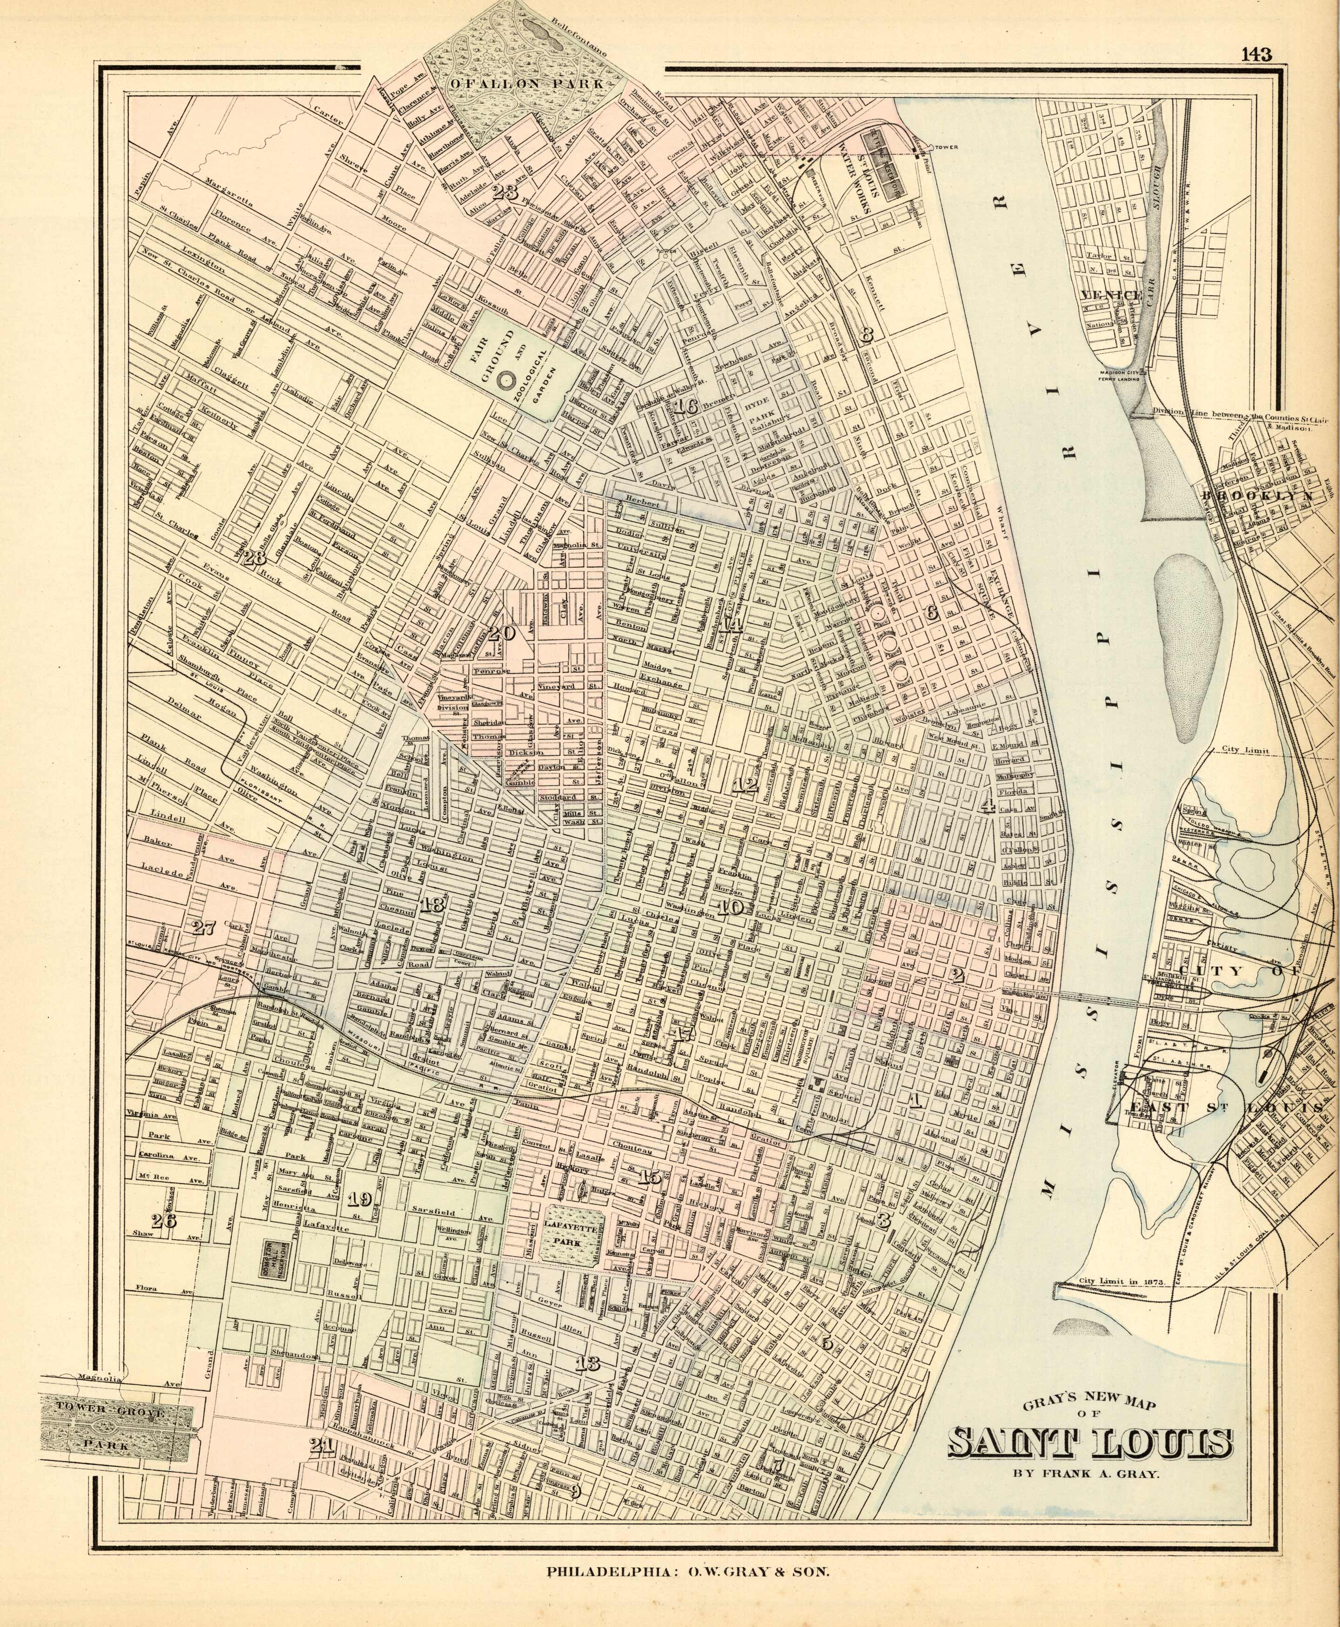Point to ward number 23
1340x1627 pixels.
pos(505,192)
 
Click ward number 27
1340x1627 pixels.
pos(203,928)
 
